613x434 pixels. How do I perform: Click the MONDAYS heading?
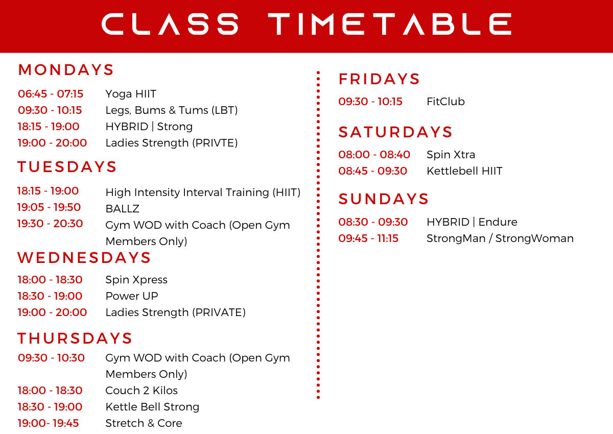(x=66, y=70)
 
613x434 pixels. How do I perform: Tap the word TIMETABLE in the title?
(x=390, y=24)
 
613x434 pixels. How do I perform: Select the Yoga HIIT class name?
(x=131, y=94)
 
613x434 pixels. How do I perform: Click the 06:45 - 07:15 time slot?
(x=51, y=94)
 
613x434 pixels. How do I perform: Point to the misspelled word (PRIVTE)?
(x=215, y=143)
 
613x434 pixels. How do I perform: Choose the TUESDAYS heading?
(x=67, y=167)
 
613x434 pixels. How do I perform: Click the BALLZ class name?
(x=122, y=209)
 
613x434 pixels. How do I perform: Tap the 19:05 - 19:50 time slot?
(x=49, y=207)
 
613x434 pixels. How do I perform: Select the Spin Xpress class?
(x=136, y=280)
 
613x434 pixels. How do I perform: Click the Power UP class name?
(x=132, y=296)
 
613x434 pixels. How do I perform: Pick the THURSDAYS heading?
(x=75, y=339)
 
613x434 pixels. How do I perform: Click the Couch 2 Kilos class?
(x=142, y=391)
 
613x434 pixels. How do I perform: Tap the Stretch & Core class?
(x=144, y=423)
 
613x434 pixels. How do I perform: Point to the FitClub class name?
(x=445, y=102)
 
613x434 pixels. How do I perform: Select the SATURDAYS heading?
(x=395, y=132)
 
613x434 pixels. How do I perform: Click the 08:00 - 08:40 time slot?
(x=374, y=155)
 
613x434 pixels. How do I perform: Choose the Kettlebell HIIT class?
(x=464, y=171)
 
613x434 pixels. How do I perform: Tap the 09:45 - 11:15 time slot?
(x=368, y=238)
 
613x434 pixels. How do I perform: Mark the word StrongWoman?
(x=534, y=238)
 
